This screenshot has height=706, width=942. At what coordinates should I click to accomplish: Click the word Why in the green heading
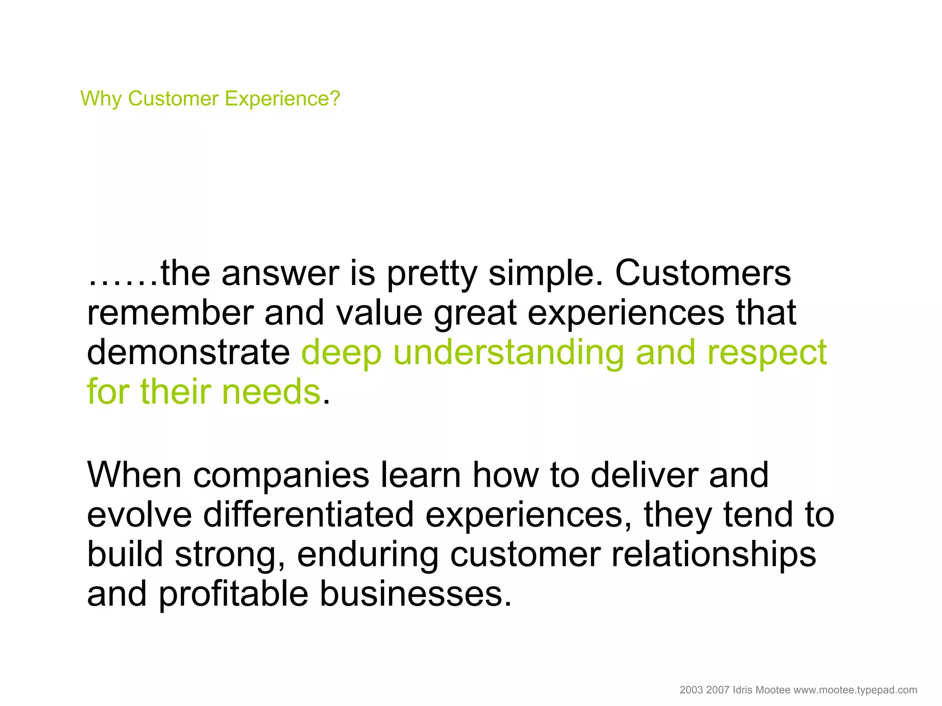point(101,99)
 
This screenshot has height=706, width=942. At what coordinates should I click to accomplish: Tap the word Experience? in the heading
point(282,99)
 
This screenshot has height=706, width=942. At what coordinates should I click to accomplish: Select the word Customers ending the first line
point(703,273)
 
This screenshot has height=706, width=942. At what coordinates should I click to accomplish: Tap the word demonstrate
point(188,353)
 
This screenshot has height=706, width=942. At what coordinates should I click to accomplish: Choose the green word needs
point(271,392)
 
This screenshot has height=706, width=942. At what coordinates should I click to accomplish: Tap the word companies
point(281,476)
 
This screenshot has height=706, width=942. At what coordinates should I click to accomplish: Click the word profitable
point(233,594)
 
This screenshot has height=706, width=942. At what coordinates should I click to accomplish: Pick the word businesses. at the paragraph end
point(415,593)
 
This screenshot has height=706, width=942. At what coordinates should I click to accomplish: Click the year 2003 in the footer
point(691,690)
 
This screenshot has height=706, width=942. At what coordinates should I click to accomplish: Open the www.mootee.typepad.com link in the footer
point(855,690)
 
